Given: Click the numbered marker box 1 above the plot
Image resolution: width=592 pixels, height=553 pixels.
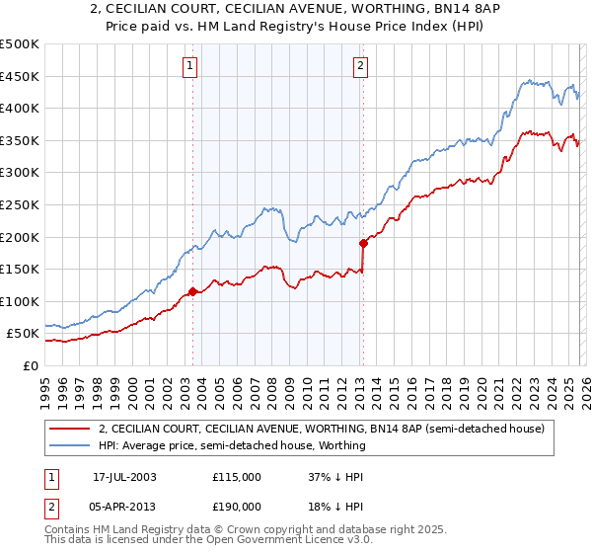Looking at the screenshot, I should coord(188,66).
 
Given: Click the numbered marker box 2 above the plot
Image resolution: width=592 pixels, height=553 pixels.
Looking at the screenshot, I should coord(360,66).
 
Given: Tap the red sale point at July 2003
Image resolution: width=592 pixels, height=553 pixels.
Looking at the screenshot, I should coord(192,291).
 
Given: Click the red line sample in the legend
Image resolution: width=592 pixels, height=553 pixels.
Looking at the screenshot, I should coord(70,429).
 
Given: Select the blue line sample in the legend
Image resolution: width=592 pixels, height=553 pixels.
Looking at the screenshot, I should coord(70,445).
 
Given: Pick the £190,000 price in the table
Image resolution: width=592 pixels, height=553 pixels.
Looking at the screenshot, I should coord(236,506).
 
